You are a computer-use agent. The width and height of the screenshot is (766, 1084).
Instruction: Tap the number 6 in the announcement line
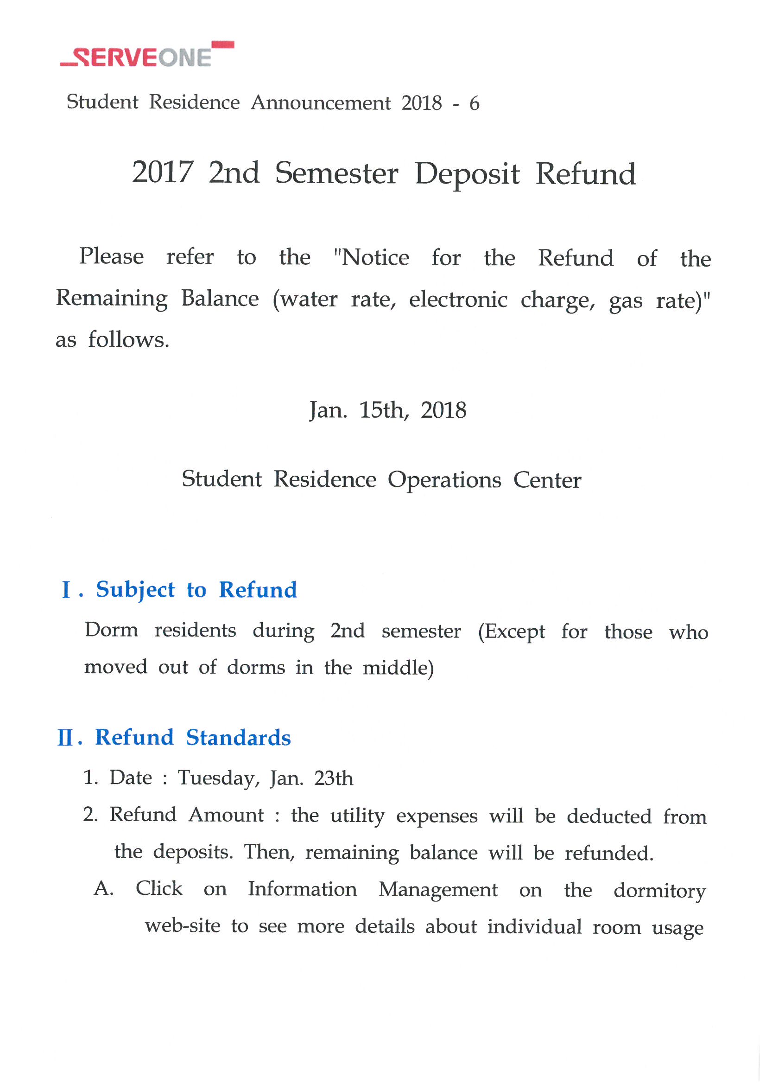tap(474, 103)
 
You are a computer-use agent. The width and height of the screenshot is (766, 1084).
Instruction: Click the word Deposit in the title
tap(467, 174)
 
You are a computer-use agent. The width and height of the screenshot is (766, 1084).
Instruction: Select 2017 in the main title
tap(163, 172)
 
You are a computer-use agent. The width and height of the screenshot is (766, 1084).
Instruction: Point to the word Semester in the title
tap(336, 173)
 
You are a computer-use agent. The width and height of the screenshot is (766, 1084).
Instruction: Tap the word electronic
tap(458, 300)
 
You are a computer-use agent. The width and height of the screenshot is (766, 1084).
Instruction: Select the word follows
tap(128, 340)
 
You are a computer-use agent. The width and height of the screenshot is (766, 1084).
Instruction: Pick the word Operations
tap(444, 480)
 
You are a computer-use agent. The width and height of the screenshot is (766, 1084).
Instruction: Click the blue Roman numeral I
tap(67, 590)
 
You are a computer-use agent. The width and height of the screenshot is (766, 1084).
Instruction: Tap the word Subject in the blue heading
tap(135, 590)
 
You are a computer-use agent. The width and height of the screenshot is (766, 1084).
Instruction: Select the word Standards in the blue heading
tap(238, 738)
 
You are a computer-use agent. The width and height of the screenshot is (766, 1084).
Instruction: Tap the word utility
tap(357, 816)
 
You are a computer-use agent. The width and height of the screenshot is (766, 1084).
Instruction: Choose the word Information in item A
tap(303, 889)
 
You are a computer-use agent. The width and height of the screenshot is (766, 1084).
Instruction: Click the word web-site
tap(183, 926)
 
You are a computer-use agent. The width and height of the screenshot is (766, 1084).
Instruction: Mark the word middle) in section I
tap(398, 668)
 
